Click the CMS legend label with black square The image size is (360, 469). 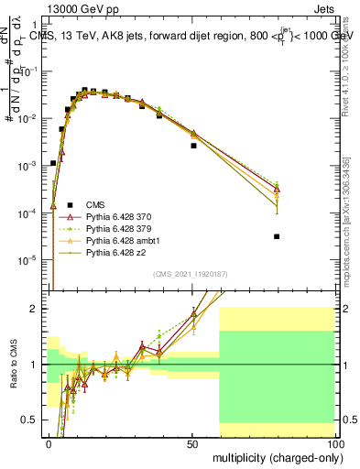click(x=96, y=203)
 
